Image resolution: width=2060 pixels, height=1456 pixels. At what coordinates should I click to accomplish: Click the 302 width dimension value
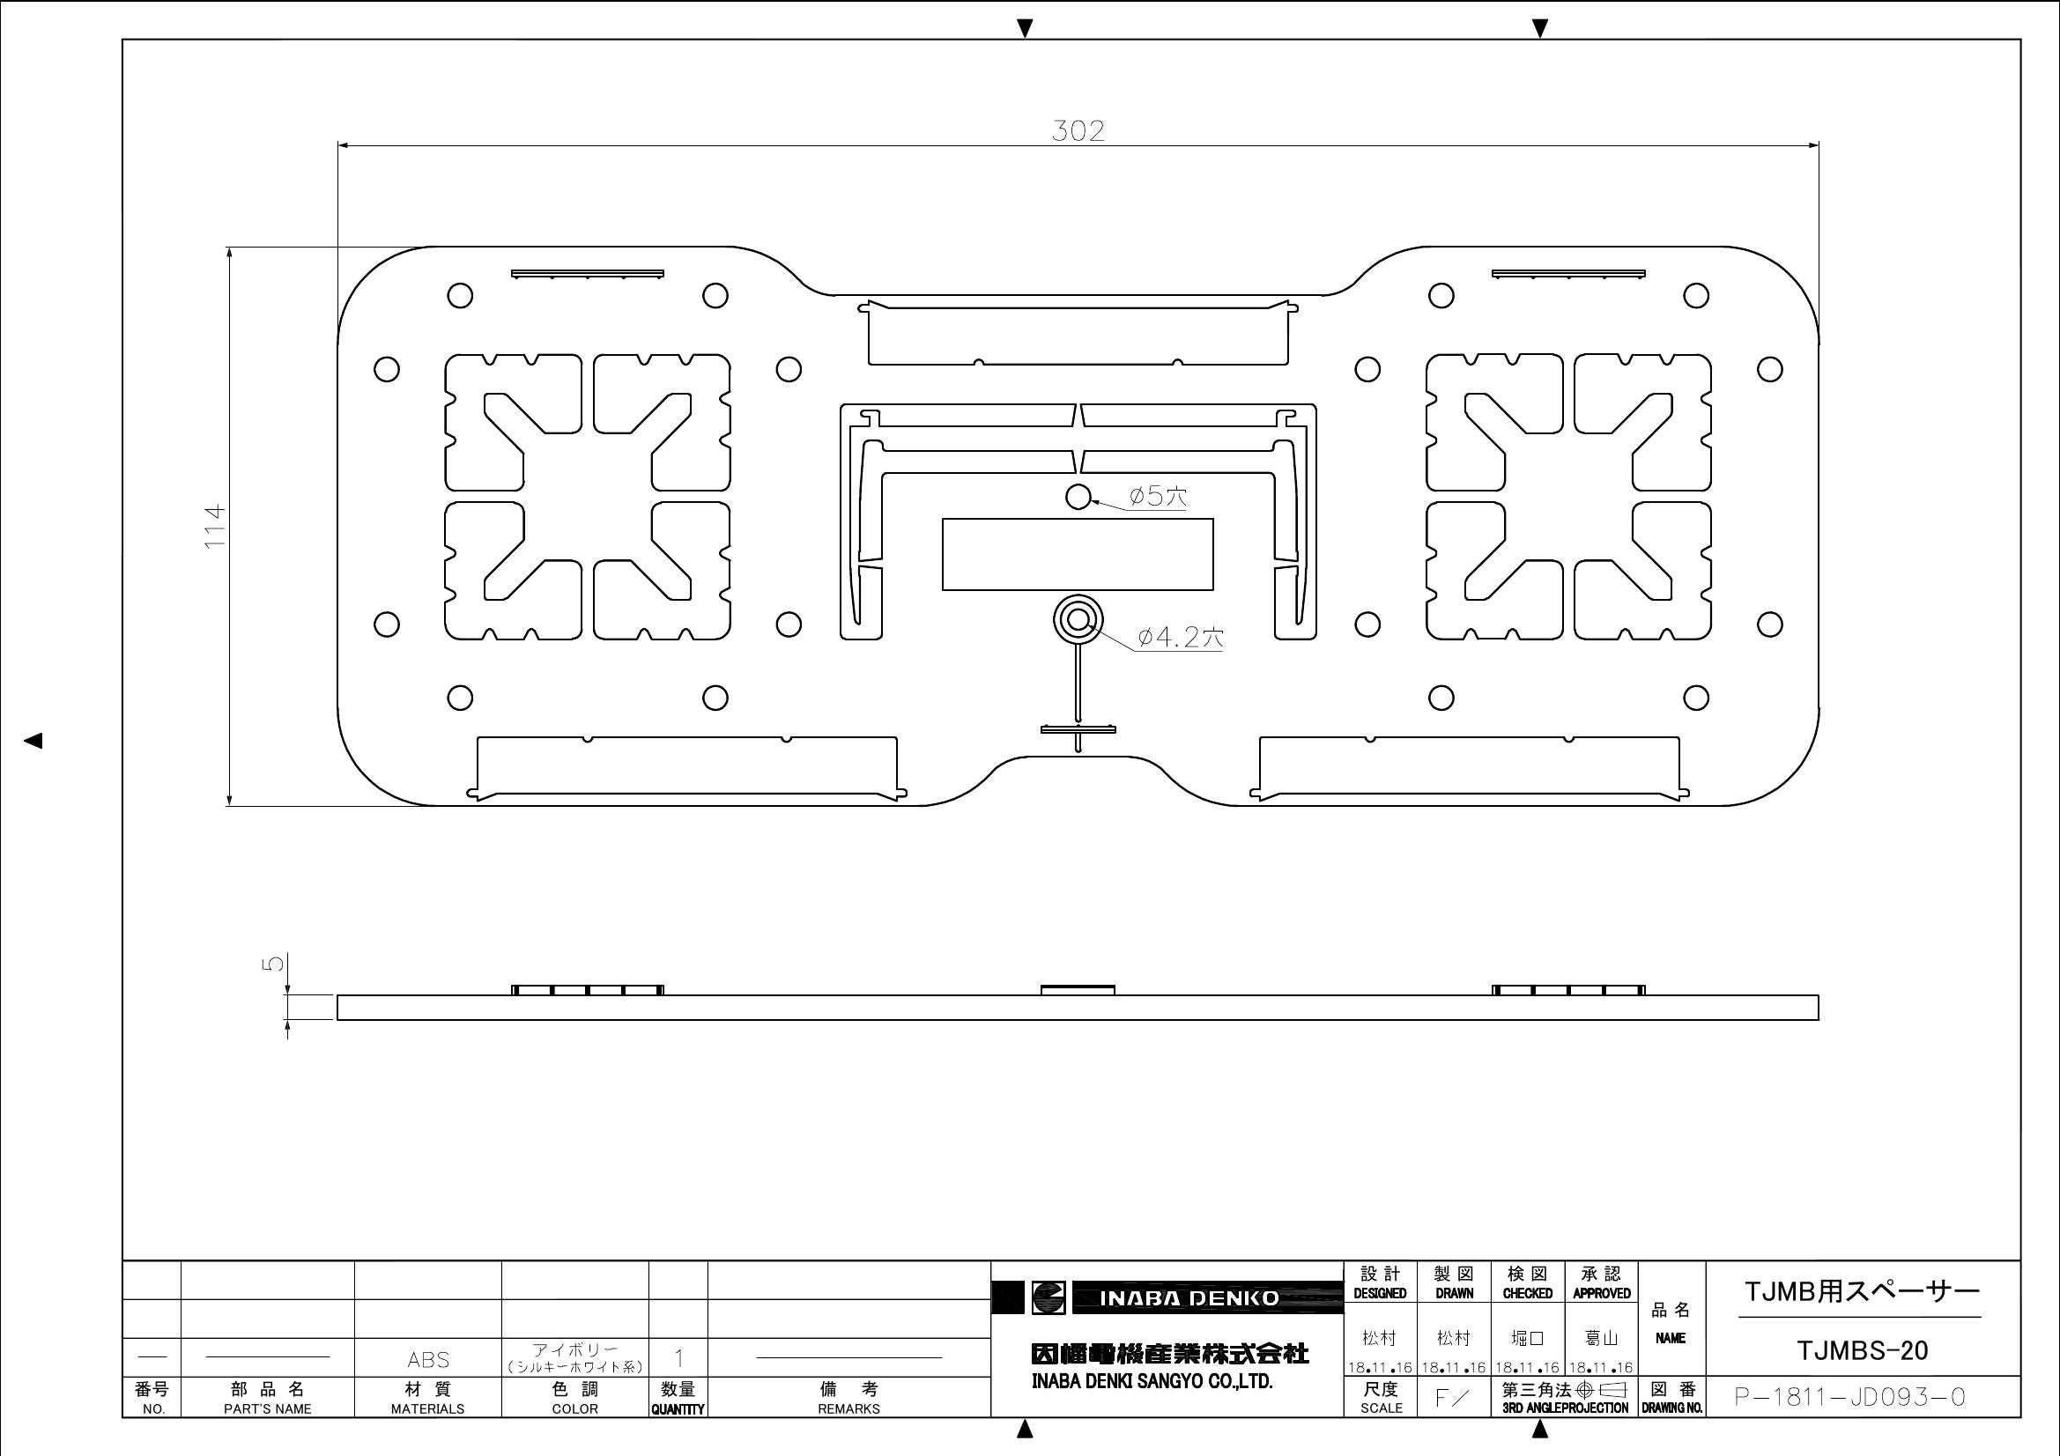tap(1078, 131)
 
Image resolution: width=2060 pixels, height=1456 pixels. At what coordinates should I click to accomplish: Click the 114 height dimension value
tap(214, 527)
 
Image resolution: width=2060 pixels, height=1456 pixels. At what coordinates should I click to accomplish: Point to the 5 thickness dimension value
tap(275, 963)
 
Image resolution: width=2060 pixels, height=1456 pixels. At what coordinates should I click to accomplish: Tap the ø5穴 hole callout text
tap(1158, 495)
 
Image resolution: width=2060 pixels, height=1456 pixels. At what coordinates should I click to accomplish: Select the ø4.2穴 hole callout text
tap(1180, 638)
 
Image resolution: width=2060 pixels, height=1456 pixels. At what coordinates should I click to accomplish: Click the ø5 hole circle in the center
tap(1078, 496)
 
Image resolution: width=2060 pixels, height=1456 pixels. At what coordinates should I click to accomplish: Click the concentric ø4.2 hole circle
tap(1078, 619)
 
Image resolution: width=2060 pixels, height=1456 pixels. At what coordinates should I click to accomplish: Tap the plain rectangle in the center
tap(1078, 554)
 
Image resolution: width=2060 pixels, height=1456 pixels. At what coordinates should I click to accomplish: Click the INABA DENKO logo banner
tap(1167, 1298)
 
